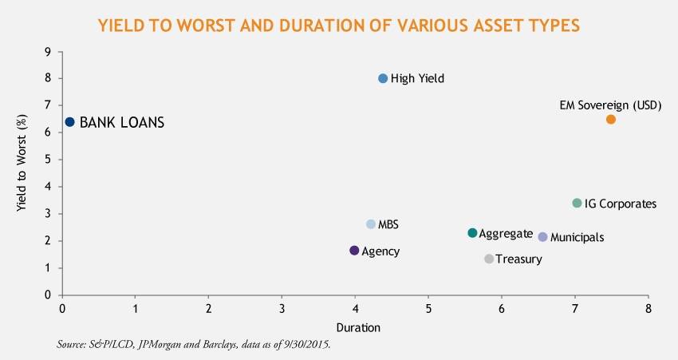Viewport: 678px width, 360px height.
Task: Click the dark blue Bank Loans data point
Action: [x=69, y=122]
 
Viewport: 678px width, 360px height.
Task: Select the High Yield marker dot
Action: [x=383, y=78]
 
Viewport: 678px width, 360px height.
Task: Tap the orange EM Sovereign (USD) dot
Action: [x=611, y=119]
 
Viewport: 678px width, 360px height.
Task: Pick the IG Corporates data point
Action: [x=577, y=204]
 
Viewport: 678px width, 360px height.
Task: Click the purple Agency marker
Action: [x=355, y=251]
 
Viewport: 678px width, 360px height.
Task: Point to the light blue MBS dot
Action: [x=370, y=224]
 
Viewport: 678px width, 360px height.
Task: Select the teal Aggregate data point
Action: [x=472, y=233]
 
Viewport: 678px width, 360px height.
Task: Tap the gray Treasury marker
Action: [x=489, y=259]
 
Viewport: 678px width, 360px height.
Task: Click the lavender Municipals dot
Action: [x=543, y=237]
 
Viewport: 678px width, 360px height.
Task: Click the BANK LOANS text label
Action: [x=122, y=123]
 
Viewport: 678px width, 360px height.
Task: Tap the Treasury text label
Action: [x=518, y=259]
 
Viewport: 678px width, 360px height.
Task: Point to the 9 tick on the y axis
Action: [x=49, y=52]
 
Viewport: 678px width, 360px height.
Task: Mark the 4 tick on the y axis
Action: [x=49, y=187]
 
